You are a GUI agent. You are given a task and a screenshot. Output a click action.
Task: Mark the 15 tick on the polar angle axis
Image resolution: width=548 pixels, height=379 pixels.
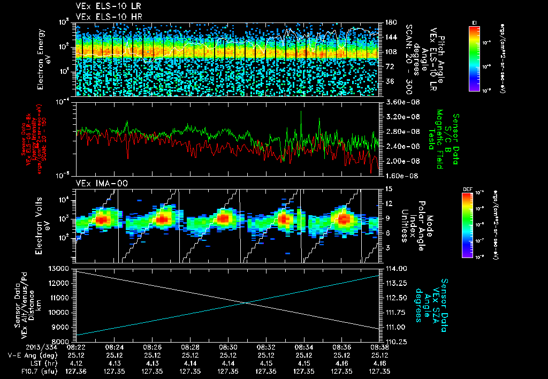coord(387,188)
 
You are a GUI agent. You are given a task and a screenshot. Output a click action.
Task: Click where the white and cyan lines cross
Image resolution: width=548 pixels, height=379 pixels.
coord(246,303)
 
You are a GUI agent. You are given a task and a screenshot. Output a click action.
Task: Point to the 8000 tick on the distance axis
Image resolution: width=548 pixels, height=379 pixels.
coord(62,341)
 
